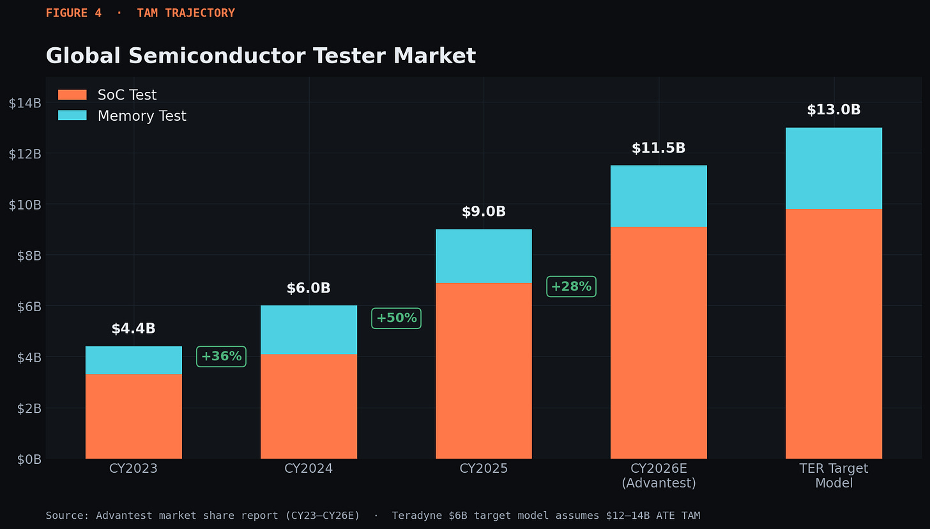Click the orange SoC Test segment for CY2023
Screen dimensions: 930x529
[x=133, y=417]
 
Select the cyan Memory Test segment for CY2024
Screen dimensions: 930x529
[x=309, y=330]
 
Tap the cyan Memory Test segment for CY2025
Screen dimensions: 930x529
[x=484, y=256]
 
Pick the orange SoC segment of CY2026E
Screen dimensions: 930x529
[x=659, y=342]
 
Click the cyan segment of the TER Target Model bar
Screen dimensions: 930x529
[x=834, y=168]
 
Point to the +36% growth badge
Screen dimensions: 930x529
[x=221, y=356]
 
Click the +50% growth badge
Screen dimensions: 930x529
[x=397, y=318]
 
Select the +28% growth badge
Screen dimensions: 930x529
[x=571, y=286]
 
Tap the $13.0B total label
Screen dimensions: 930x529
[x=834, y=110]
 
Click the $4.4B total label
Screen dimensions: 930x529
[x=133, y=328]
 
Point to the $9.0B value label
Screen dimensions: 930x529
[x=484, y=211]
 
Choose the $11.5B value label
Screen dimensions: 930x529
[x=659, y=148]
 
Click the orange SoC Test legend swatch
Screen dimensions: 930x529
[x=72, y=95]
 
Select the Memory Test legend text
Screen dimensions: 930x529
[x=142, y=116]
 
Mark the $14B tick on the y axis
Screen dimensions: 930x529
[x=25, y=103]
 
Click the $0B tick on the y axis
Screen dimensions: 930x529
[x=29, y=459]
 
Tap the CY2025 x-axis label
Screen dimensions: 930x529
[x=484, y=468]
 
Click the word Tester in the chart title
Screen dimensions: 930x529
[x=350, y=56]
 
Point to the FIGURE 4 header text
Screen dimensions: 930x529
[x=73, y=13]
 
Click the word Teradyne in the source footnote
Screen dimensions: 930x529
[x=417, y=516]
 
